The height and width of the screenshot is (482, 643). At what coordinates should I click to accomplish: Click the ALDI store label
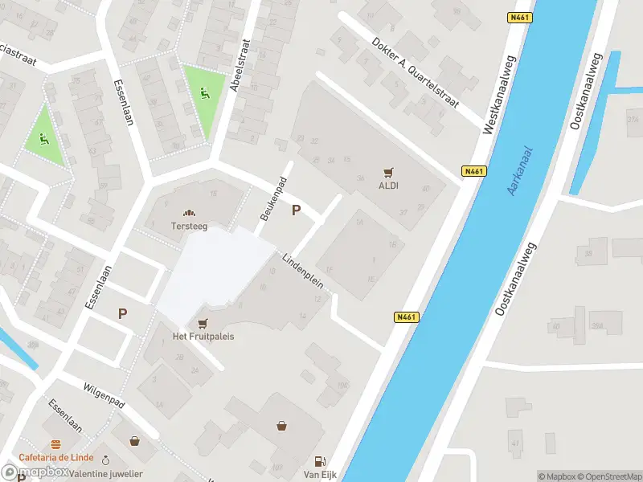389,186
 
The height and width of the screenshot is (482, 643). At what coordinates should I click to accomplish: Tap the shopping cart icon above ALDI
389,172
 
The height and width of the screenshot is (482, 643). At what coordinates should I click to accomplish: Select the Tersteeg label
189,226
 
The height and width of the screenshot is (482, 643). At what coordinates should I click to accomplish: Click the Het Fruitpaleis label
203,336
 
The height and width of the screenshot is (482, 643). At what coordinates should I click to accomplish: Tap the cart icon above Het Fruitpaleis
203,322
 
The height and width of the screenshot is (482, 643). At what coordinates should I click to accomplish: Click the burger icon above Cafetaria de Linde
55,444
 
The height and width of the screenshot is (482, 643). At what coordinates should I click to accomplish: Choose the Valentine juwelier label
106,474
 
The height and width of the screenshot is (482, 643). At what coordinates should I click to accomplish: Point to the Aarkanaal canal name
524,167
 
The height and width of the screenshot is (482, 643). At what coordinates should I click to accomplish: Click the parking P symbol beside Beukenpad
296,210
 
